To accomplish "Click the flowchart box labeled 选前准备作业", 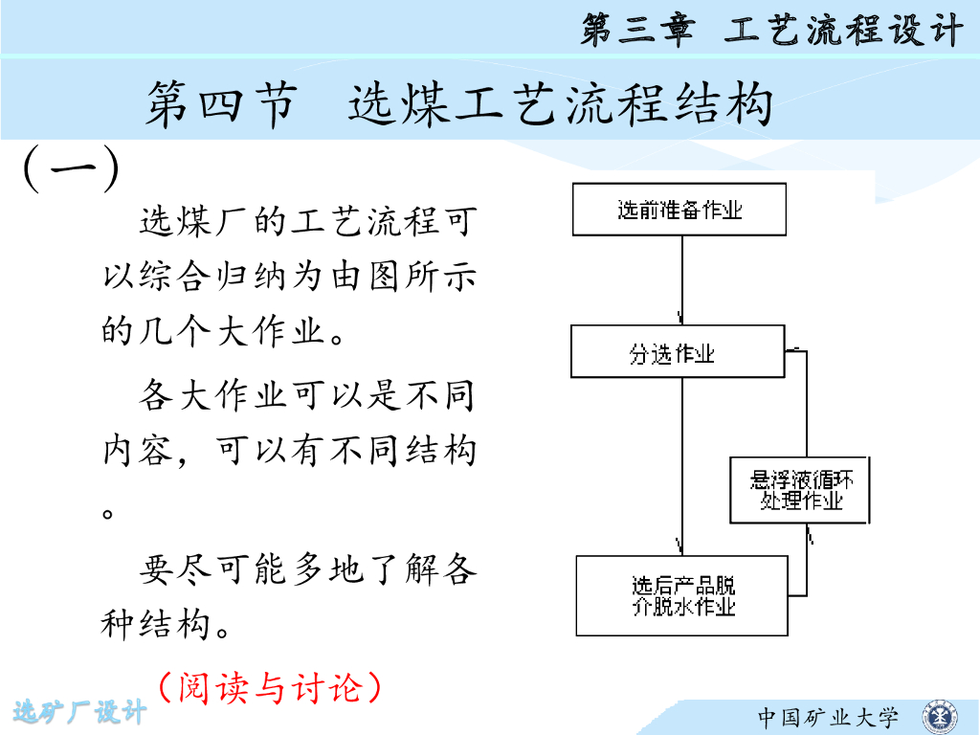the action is coord(679,210).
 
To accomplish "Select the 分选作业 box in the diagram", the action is coord(678,352).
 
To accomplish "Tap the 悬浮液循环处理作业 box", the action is coord(801,490).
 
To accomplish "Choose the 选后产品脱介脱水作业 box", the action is coord(682,595).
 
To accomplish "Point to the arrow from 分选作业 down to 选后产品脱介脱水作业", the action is coord(681,464).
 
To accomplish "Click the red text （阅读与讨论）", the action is coord(271,686).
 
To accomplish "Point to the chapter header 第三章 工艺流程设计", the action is coord(770,31).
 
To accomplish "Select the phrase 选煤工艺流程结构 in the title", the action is coord(560,104).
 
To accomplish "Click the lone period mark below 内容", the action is coord(108,512).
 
